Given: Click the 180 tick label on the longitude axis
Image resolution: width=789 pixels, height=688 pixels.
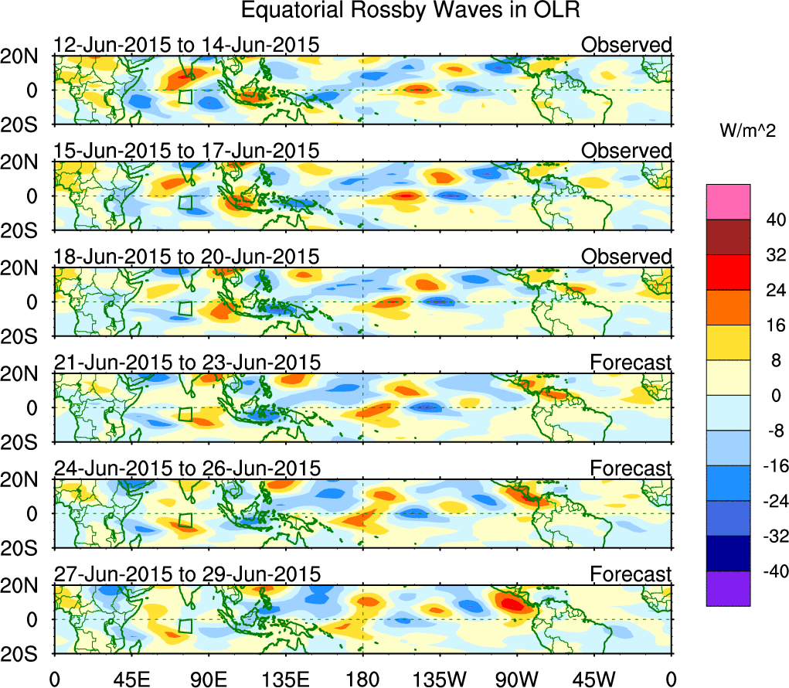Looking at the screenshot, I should click(362, 678).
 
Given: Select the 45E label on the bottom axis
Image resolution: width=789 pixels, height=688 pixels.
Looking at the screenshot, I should click(131, 678).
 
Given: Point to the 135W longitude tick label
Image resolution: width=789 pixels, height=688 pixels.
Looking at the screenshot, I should click(440, 678).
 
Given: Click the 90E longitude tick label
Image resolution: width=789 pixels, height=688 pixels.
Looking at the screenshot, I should click(208, 678).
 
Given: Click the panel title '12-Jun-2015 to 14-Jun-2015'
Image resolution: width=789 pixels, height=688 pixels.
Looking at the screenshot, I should click(186, 45).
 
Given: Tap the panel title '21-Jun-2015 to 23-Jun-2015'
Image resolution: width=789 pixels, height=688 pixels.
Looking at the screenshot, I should click(186, 362).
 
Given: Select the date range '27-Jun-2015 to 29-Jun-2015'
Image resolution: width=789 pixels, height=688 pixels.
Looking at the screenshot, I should click(186, 574).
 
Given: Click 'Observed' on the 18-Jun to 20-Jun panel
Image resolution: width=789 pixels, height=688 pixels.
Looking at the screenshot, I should click(626, 257).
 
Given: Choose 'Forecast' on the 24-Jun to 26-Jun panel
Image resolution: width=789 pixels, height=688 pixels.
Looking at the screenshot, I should click(631, 468).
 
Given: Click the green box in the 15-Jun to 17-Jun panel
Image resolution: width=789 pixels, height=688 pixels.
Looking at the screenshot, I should click(185, 203).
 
